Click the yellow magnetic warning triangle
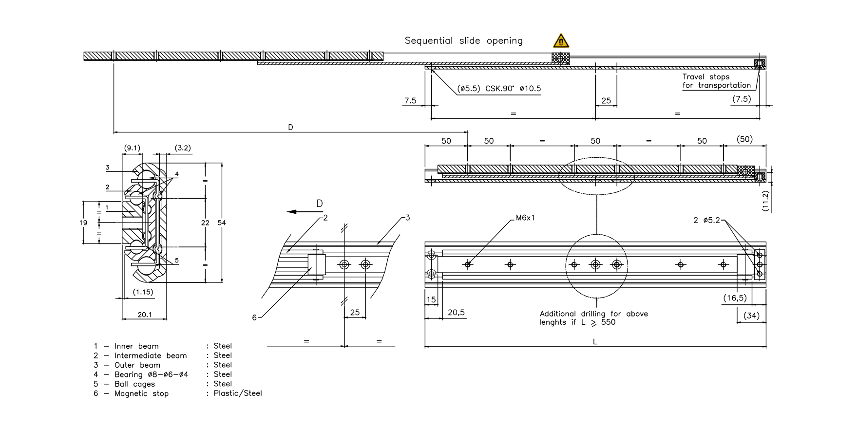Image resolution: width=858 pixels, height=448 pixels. tap(561, 41)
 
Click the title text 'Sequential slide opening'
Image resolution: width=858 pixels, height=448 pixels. tap(463, 41)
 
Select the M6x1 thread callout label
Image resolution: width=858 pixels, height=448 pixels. tap(525, 218)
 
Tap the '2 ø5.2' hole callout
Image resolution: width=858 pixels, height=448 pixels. tap(706, 220)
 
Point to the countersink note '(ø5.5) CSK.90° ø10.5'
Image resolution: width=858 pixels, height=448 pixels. tap(499, 89)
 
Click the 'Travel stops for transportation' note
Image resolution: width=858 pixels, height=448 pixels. tap(716, 81)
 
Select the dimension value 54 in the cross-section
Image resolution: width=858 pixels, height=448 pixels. tap(222, 223)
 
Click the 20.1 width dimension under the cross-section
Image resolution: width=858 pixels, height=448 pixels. tap(144, 315)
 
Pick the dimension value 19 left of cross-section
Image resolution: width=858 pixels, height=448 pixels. tap(83, 223)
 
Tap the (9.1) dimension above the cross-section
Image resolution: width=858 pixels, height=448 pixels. tap(132, 148)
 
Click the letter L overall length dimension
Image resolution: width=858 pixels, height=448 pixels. tap(595, 342)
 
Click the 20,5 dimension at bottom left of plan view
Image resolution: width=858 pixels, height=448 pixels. tap(456, 313)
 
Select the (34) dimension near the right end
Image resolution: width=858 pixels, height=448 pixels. tap(751, 316)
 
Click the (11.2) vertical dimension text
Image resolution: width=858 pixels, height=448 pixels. tap(765, 201)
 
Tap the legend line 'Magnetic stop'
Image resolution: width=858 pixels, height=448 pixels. tap(141, 393)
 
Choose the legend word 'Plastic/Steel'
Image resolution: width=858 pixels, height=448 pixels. tap(238, 393)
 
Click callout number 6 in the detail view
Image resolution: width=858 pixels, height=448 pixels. tap(254, 317)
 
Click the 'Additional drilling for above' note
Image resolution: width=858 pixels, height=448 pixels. tap(593, 314)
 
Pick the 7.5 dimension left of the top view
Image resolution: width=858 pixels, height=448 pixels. tap(410, 101)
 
